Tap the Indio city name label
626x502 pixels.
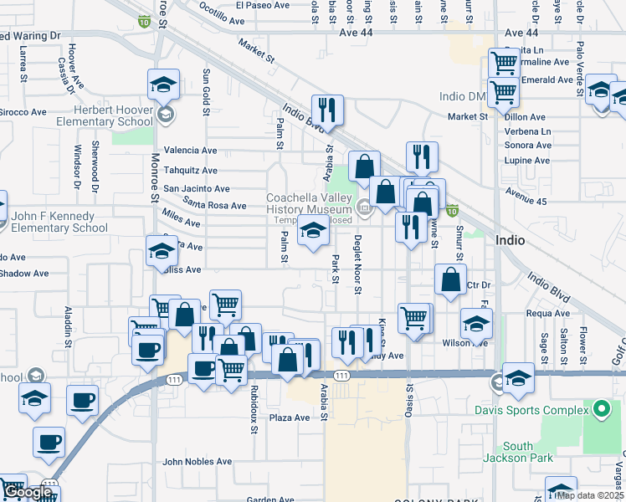pyautogui.click(x=511, y=240)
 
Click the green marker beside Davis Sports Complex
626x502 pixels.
pyautogui.click(x=600, y=409)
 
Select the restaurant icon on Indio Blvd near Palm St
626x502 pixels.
pyautogui.click(x=327, y=110)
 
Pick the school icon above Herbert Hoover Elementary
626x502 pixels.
pyautogui.click(x=163, y=85)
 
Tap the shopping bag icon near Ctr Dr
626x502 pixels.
pyautogui.click(x=450, y=280)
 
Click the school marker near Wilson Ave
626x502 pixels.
pyautogui.click(x=476, y=324)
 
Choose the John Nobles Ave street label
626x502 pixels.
pyautogui.click(x=197, y=461)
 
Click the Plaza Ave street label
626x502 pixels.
pyautogui.click(x=290, y=417)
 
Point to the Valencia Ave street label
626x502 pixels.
pyautogui.click(x=190, y=151)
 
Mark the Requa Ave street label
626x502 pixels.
pyautogui.click(x=548, y=314)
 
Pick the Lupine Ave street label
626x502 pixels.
pyautogui.click(x=527, y=159)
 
